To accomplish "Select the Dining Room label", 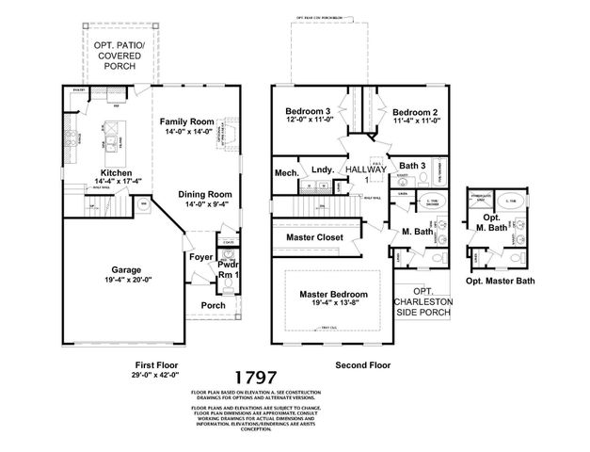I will point(205,195).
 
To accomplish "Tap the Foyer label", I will point(200,257).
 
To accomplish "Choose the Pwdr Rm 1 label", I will point(229,271).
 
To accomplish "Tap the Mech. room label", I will point(286,173).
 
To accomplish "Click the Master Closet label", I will point(315,237).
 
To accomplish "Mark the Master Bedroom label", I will point(332,295).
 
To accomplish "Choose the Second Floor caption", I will point(361,363).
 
